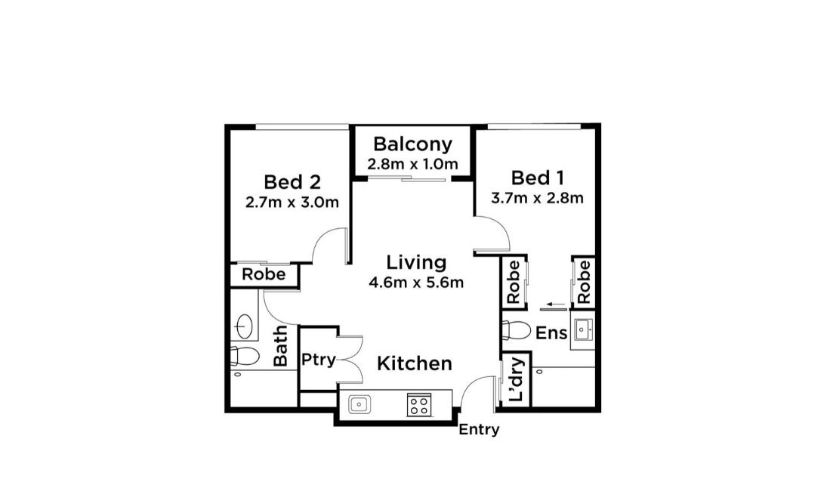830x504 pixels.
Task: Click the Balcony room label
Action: (x=413, y=144)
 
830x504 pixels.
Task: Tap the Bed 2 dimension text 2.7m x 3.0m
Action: (x=292, y=203)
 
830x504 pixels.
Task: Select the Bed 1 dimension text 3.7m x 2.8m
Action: (x=537, y=198)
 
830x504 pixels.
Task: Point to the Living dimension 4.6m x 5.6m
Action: (x=416, y=283)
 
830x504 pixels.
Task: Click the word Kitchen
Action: (x=415, y=363)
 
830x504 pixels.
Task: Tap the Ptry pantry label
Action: (x=318, y=360)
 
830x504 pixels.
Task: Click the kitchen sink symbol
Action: (x=359, y=405)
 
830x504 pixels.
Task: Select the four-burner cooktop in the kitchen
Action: (x=419, y=406)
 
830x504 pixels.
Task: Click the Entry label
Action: (x=479, y=429)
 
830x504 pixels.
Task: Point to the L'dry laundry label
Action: (x=516, y=379)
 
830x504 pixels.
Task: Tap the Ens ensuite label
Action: (x=551, y=333)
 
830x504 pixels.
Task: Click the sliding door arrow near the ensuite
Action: (x=557, y=305)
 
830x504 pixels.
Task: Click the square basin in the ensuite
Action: (x=583, y=329)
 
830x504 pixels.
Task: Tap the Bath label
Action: (x=280, y=346)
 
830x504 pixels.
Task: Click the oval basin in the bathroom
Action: (x=244, y=326)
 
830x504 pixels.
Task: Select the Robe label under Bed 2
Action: (x=264, y=274)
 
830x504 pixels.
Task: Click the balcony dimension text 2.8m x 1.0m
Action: (x=413, y=164)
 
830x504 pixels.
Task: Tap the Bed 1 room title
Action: (x=538, y=178)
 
